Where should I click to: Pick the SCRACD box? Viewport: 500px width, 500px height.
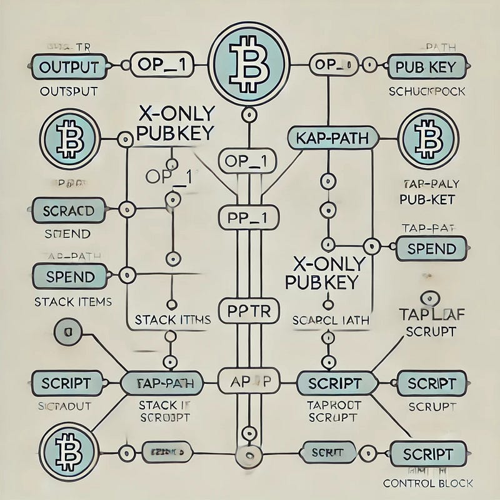coord(67,210)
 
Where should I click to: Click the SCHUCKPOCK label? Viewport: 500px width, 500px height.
coord(427,91)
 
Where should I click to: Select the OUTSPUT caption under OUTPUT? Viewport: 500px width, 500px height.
coord(68,91)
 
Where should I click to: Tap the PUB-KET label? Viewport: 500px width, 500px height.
coord(427,200)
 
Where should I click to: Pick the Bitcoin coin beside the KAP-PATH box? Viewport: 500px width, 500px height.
coord(428,137)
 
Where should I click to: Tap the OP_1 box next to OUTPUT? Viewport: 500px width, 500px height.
coord(161,64)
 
